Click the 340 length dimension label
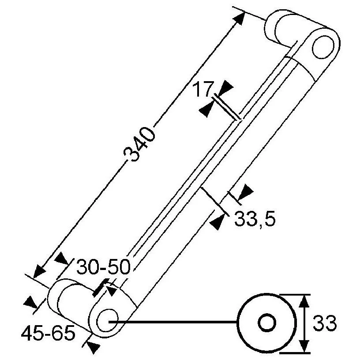(139, 144)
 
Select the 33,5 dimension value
(255, 219)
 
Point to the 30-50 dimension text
(104, 267)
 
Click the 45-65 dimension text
(48, 333)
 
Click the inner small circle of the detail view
(267, 323)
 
